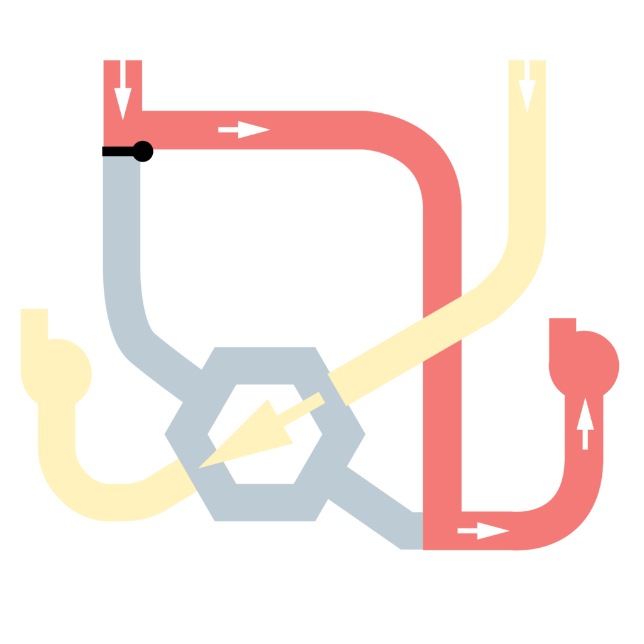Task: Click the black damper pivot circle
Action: (142, 151)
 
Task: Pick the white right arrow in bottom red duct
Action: (483, 531)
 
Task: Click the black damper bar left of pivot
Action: (118, 151)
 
